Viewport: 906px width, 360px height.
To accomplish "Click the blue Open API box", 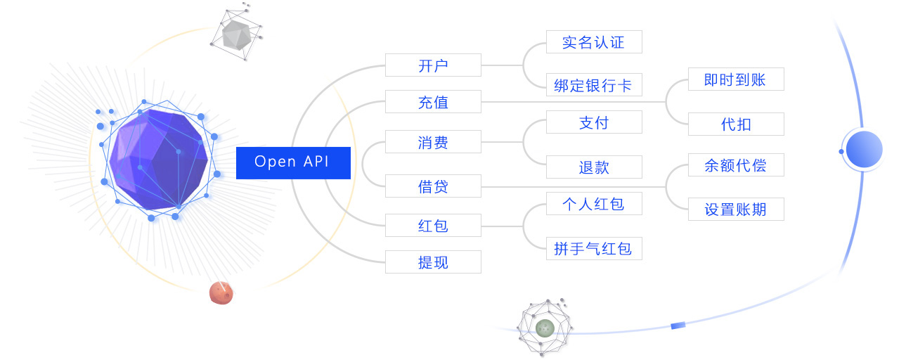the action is point(293,162).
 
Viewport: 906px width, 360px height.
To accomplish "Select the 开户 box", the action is point(433,65).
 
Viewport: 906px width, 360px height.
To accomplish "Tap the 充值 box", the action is point(433,101).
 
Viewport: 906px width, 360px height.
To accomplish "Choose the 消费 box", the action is point(433,141).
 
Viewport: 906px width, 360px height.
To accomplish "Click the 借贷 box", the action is point(433,186).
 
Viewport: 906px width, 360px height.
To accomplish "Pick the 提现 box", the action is point(433,262).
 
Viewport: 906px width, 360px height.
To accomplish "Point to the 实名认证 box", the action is point(594,41).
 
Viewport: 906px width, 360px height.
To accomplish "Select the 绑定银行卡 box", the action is point(594,84).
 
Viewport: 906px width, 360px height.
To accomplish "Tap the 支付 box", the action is point(594,122).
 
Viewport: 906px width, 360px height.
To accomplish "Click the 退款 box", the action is point(594,167).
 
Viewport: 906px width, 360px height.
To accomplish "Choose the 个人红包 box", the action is point(594,203).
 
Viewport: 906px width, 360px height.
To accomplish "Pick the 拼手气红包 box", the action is point(594,248).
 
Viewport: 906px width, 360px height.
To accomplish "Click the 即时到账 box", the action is point(736,79).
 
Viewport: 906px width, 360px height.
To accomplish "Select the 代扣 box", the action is point(736,124).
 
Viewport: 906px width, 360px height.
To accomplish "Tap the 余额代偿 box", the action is point(736,165).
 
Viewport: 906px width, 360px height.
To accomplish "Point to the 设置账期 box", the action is point(736,209).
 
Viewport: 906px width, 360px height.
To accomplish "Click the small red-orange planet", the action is point(221,292).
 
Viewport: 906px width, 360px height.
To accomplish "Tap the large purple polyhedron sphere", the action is point(159,159).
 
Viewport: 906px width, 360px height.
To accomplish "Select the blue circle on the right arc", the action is point(865,149).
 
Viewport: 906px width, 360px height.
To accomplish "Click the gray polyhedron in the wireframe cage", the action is point(236,34).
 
